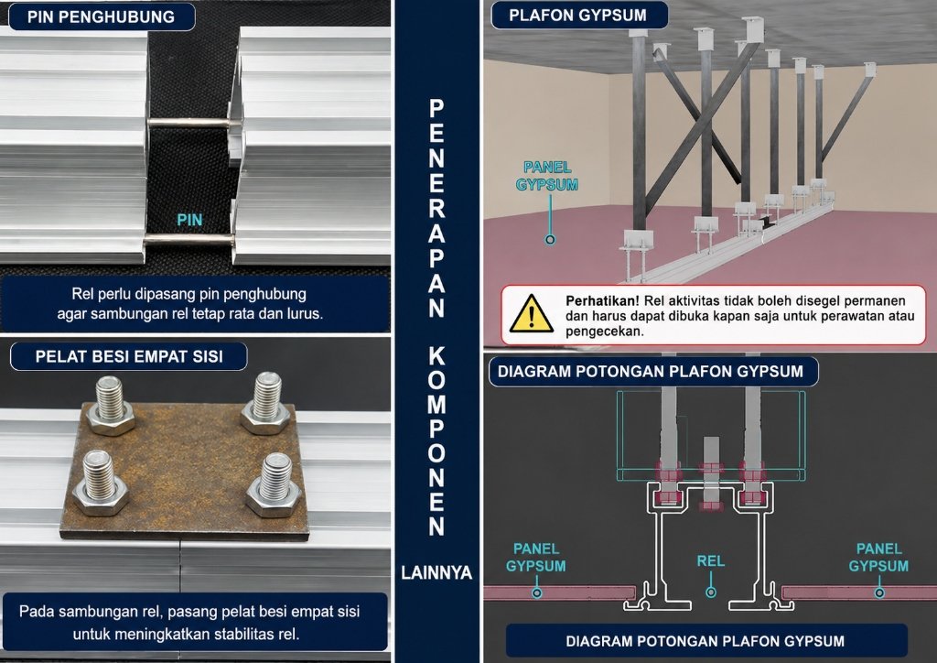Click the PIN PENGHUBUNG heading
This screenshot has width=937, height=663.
click(x=101, y=16)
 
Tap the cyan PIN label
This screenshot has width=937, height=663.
click(x=189, y=220)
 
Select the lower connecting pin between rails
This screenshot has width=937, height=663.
click(x=188, y=241)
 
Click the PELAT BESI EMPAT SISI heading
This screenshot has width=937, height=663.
click(x=129, y=357)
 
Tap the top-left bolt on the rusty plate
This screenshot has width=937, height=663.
click(x=111, y=406)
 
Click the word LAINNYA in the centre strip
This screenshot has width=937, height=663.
click(x=436, y=572)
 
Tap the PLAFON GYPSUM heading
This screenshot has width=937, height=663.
click(x=578, y=16)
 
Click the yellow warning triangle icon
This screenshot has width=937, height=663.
click(x=531, y=313)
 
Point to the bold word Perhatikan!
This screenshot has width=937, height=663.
click(x=602, y=300)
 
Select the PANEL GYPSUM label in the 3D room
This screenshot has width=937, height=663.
click(x=547, y=176)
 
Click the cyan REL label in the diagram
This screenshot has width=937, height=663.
click(x=710, y=560)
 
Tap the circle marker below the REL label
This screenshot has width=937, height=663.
click(x=710, y=592)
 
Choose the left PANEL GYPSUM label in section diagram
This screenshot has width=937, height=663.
click(x=536, y=557)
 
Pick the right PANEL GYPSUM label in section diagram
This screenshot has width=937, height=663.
click(x=878, y=557)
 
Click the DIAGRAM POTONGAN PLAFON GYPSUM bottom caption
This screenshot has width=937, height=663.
click(x=705, y=641)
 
